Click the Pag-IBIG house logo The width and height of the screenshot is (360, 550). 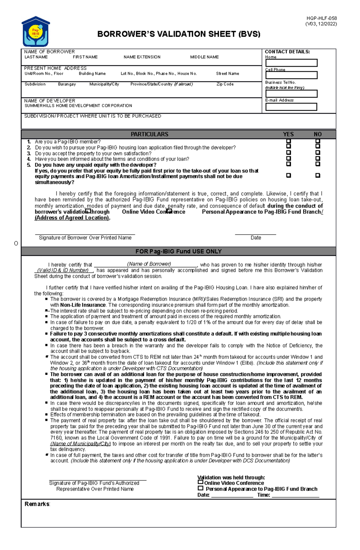click(x=36, y=31)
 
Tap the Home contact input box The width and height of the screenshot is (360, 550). click(x=291, y=63)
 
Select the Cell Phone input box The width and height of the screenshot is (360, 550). click(x=291, y=75)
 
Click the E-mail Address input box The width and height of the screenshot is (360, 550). click(x=291, y=107)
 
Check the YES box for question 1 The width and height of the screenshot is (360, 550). click(x=289, y=141)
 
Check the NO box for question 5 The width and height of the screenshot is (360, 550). click(x=318, y=164)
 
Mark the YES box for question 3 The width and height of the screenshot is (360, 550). click(x=289, y=152)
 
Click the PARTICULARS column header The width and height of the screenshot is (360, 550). click(x=149, y=134)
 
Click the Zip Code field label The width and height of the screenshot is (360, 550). click(x=225, y=84)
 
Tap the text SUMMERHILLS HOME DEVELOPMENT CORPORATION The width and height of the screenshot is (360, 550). click(x=78, y=106)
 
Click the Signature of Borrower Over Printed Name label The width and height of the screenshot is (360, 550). click(x=85, y=238)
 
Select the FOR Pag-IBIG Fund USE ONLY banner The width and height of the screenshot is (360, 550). click(x=178, y=251)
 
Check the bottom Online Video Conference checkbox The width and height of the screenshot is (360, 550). click(x=200, y=482)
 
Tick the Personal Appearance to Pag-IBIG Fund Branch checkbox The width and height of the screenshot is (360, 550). click(x=200, y=488)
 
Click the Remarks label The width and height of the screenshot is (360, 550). click(x=37, y=504)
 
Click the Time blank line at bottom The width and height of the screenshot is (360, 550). click(x=295, y=495)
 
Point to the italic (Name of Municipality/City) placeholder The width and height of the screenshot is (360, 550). click(x=80, y=444)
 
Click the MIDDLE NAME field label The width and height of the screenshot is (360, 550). click(x=204, y=57)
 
